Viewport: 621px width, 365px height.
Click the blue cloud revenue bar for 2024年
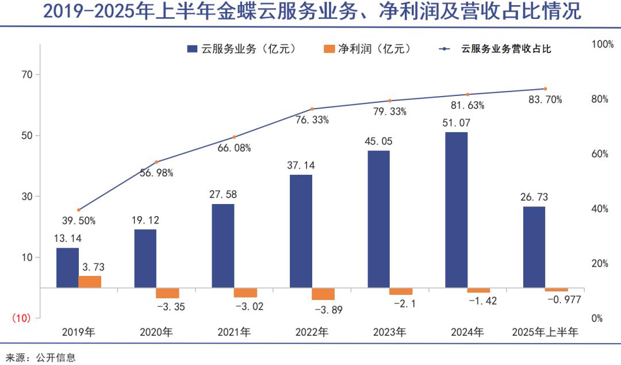click(456, 210)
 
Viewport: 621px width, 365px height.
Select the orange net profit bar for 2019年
click(90, 282)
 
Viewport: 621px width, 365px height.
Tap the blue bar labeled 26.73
click(534, 247)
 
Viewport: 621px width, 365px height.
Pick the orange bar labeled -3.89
click(323, 294)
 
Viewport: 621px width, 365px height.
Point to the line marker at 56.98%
click(156, 162)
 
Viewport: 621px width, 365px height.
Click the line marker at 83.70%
click(545, 89)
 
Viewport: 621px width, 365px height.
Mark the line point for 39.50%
click(79, 210)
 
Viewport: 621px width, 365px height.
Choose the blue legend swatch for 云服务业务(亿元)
click(193, 49)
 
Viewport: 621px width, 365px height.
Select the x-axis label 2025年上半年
click(545, 332)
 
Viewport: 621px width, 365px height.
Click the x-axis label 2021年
click(234, 332)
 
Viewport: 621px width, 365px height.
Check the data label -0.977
click(564, 299)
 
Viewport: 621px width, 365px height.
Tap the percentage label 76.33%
click(312, 120)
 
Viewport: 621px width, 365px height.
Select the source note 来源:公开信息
click(39, 358)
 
